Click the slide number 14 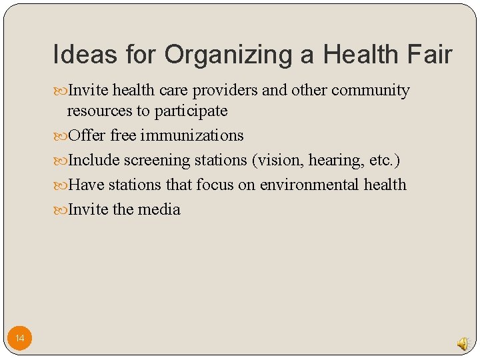pos(20,339)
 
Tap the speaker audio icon pos(463,343)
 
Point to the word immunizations pos(192,135)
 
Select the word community pos(371,91)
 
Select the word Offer pos(87,135)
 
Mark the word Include pos(94,160)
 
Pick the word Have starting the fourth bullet pos(85,185)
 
